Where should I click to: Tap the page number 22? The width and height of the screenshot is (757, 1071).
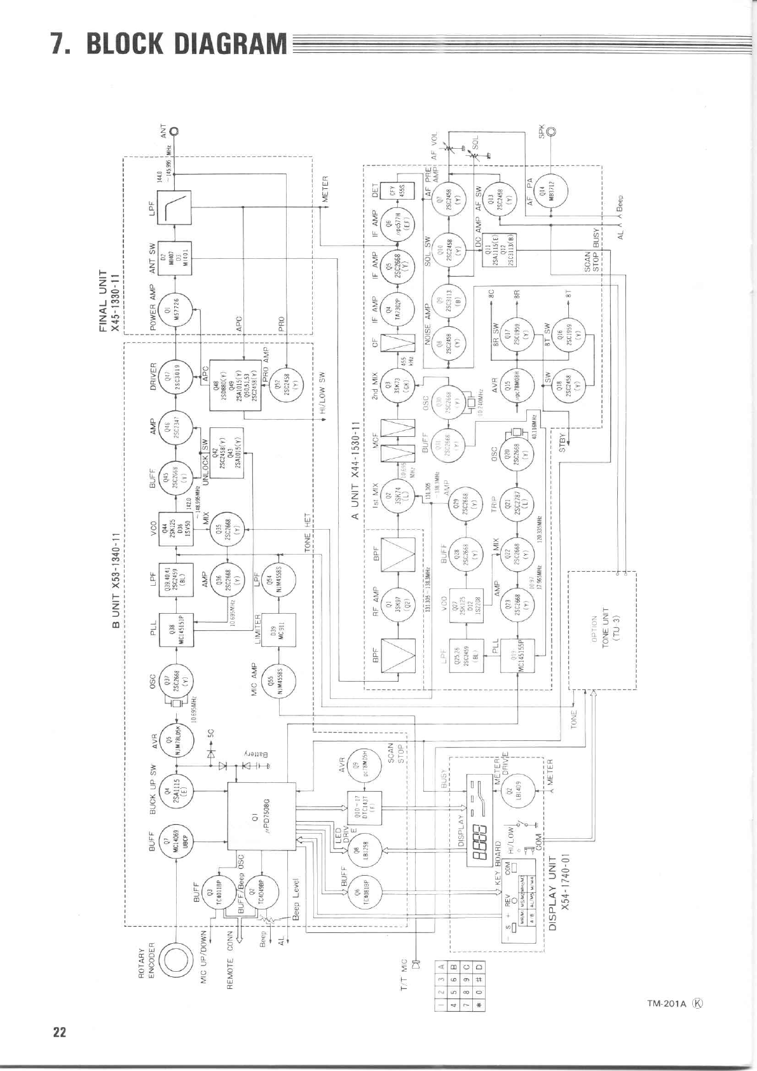pyautogui.click(x=60, y=1032)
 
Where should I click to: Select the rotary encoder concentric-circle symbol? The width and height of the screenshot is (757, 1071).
pyautogui.click(x=175, y=961)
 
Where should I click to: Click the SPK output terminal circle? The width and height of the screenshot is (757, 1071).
pyautogui.click(x=550, y=132)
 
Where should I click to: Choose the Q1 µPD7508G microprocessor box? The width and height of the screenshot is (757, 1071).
pyautogui.click(x=261, y=816)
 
